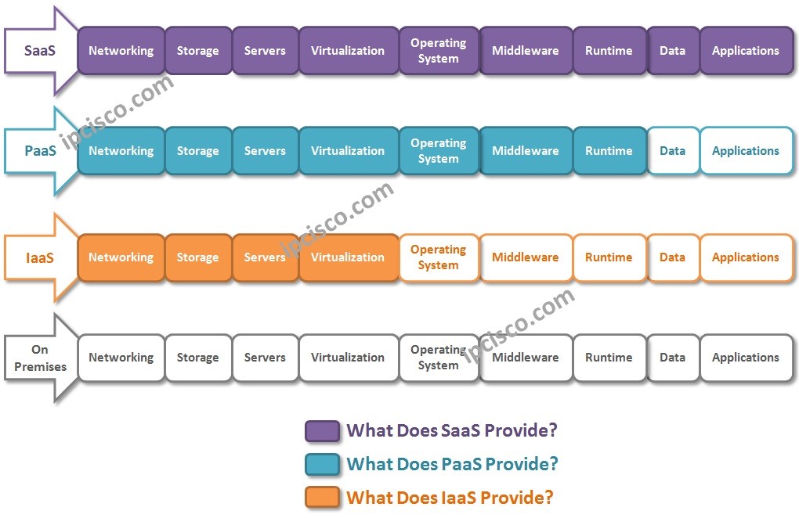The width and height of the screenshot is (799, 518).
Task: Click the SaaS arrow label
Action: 39,51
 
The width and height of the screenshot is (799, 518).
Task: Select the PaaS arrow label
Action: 39,151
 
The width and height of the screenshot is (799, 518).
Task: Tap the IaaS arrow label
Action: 39,257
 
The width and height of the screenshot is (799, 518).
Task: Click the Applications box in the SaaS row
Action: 745,51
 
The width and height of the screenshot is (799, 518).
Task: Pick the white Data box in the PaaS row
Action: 672,151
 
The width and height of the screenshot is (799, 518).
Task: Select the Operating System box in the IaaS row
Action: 438,257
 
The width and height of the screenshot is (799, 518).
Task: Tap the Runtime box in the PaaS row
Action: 609,151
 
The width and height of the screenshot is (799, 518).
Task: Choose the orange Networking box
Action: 121,257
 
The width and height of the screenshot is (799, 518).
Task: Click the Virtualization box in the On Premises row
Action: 348,358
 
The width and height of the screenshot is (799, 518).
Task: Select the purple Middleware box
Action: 525,51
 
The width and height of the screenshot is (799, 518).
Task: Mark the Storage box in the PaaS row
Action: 197,151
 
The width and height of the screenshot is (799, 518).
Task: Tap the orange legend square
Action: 322,497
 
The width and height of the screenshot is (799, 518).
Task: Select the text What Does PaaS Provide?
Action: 452,464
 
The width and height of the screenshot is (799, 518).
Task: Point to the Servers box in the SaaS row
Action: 265,51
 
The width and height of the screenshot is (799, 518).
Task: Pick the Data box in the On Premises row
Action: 672,358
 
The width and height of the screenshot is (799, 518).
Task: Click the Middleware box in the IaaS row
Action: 525,257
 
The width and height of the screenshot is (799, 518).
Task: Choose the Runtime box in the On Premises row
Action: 609,358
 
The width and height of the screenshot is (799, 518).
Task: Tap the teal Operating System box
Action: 438,151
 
